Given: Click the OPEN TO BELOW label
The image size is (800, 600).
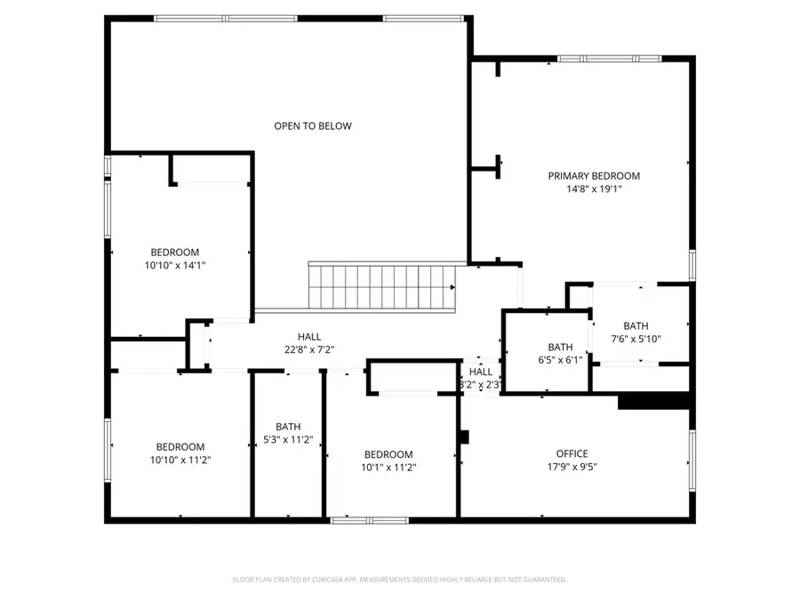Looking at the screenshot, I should pyautogui.click(x=312, y=126).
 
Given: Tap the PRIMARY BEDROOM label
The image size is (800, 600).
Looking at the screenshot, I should pyautogui.click(x=593, y=176).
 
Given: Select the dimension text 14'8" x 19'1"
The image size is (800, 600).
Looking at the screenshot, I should pyautogui.click(x=593, y=188).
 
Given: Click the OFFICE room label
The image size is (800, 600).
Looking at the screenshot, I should pyautogui.click(x=572, y=454).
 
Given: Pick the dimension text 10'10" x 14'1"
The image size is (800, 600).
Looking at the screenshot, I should pyautogui.click(x=174, y=265).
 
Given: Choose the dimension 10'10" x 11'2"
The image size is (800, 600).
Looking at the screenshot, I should pyautogui.click(x=180, y=460).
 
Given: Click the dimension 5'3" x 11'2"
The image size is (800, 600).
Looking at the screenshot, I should pyautogui.click(x=288, y=439).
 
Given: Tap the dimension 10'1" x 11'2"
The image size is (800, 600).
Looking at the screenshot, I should pyautogui.click(x=388, y=467).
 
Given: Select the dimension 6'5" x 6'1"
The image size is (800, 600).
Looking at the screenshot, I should pyautogui.click(x=560, y=360).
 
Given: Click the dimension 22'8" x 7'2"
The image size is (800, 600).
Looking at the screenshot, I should pyautogui.click(x=309, y=349).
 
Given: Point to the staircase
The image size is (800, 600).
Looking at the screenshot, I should pyautogui.click(x=381, y=287).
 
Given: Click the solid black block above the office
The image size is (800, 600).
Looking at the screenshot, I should pyautogui.click(x=654, y=402).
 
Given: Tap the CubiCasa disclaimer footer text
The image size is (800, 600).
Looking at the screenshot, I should pyautogui.click(x=400, y=580).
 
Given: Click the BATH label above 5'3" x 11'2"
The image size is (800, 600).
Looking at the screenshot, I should pyautogui.click(x=288, y=427).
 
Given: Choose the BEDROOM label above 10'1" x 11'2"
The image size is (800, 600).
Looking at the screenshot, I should pyautogui.click(x=388, y=454).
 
